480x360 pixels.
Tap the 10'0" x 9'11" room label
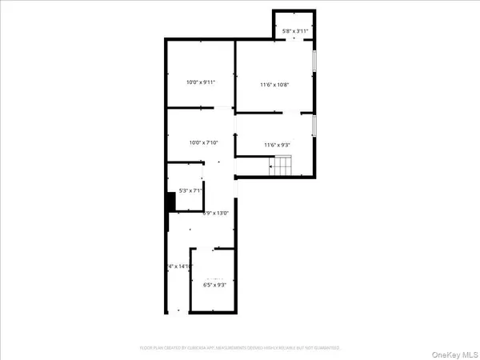[201, 82]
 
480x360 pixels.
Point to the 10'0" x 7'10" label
[201, 143]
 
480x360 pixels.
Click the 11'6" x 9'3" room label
[278, 145]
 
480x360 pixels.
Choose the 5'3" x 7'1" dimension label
[185, 190]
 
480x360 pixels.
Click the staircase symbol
[282, 166]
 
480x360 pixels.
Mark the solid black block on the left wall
[170, 202]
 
